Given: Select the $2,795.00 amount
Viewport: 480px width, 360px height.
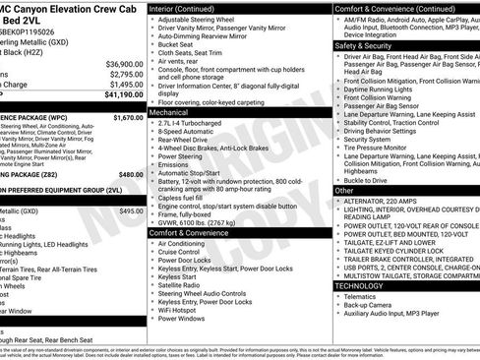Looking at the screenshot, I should (x=126, y=75).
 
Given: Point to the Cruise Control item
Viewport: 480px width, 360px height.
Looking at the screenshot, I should (x=185, y=252).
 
